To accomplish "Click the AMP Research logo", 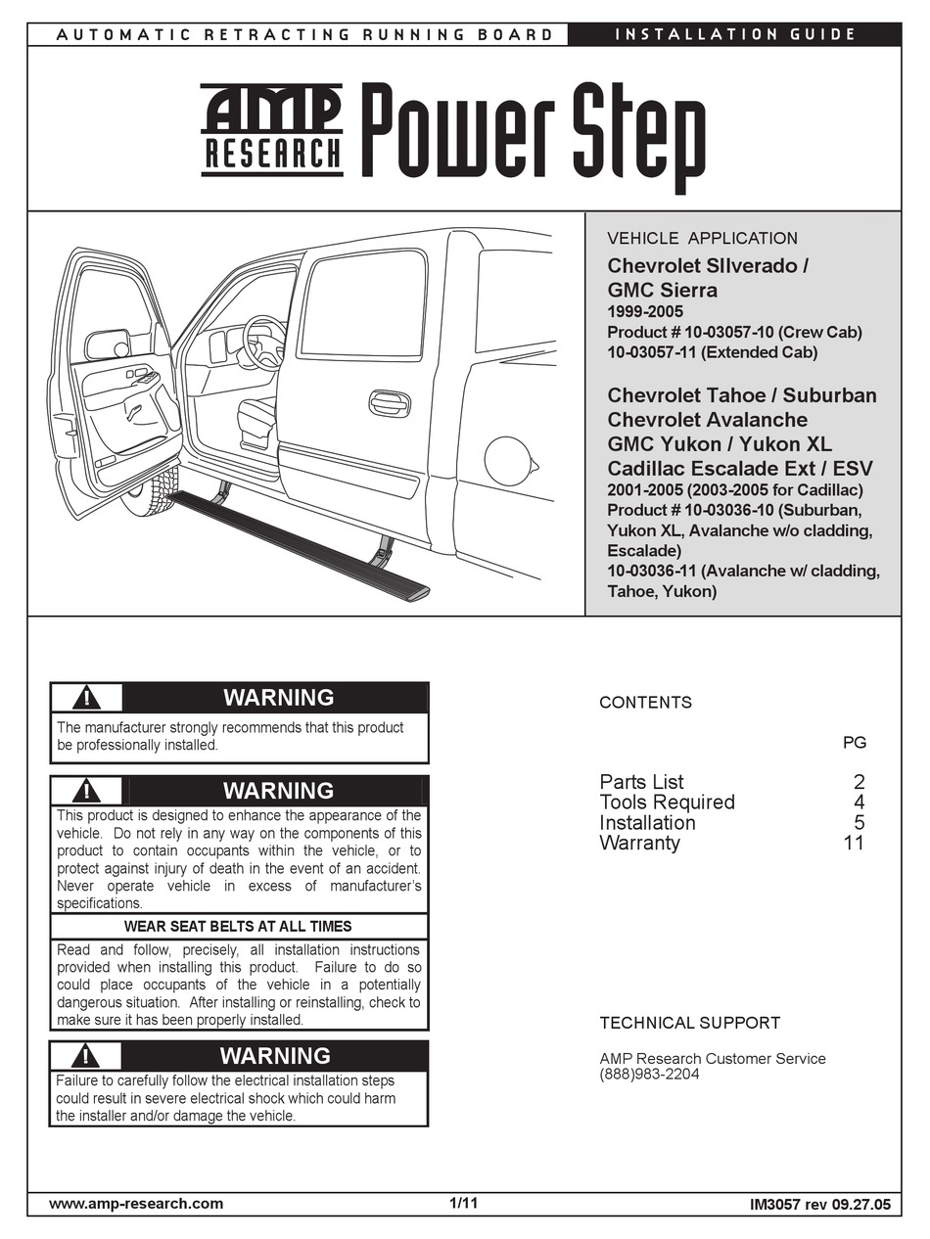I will tap(272, 130).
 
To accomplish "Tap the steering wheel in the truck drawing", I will tap(262, 343).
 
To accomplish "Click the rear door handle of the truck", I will tap(390, 403).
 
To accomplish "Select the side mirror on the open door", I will tap(107, 344).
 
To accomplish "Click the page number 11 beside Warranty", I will tap(854, 843).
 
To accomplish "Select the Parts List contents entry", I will tap(641, 781).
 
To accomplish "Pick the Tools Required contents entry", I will tap(667, 802).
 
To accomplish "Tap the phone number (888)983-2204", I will tap(649, 1075).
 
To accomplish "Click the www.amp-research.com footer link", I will tap(136, 1204).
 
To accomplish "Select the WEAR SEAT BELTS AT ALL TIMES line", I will tap(238, 926).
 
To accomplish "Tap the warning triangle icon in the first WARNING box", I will tap(87, 698).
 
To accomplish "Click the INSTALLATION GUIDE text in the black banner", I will tap(735, 34).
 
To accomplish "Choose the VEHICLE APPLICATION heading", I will tap(702, 238).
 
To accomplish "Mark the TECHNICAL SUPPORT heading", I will tap(689, 1023).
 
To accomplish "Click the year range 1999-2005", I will tap(645, 311).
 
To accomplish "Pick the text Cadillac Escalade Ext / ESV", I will tap(740, 468).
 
